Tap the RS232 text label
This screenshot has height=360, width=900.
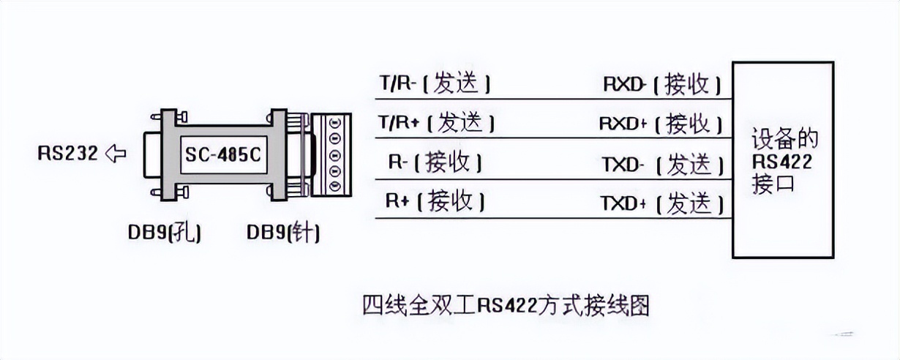[68, 154]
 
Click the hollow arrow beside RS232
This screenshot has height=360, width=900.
[116, 154]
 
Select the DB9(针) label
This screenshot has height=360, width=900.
[283, 233]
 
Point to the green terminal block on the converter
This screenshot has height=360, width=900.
[333, 155]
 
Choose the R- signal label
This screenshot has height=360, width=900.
[399, 162]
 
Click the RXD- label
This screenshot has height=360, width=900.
[623, 84]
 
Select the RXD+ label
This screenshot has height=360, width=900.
[623, 123]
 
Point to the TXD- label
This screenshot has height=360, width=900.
[623, 164]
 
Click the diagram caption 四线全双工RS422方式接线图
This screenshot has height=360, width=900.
[506, 304]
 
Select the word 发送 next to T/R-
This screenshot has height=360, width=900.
[457, 84]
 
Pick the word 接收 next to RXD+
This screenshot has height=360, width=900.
[688, 123]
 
